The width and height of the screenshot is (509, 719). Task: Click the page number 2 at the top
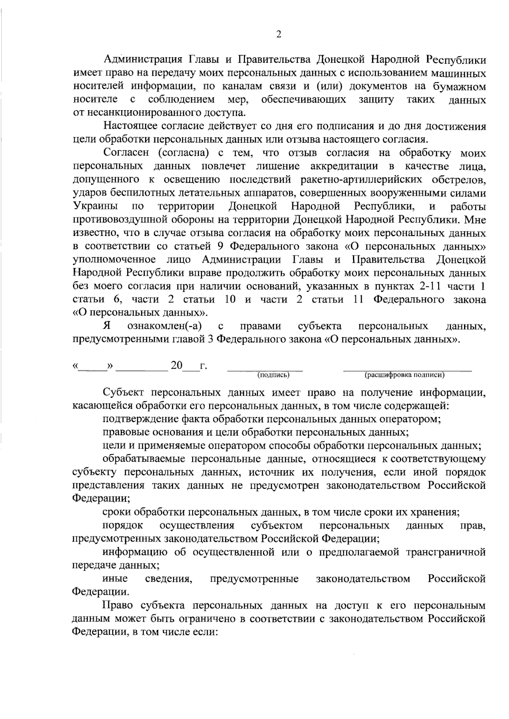pos(279,35)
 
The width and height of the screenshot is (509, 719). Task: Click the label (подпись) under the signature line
pos(274,375)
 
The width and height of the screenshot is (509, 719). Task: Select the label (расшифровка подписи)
pos(405,375)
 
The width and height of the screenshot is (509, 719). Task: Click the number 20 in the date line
pos(176,365)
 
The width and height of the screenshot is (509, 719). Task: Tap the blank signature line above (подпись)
pos(265,369)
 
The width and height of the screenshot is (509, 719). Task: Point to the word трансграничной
pos(446,552)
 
